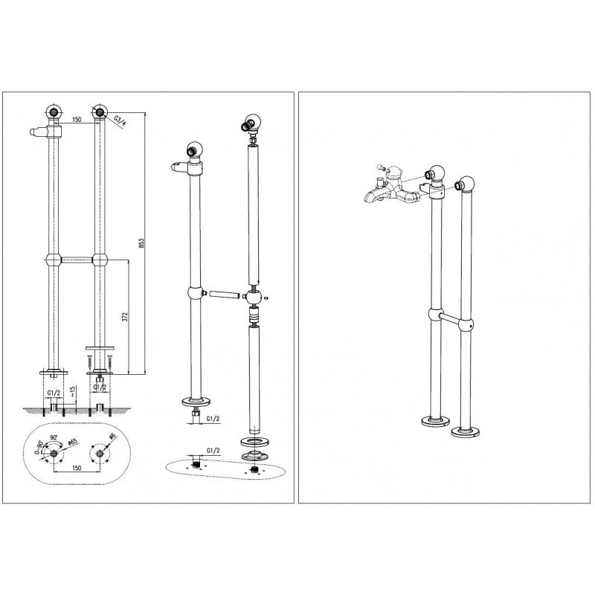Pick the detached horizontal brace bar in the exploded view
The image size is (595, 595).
click(x=222, y=293)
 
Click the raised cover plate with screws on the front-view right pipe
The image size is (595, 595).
click(x=98, y=347)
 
